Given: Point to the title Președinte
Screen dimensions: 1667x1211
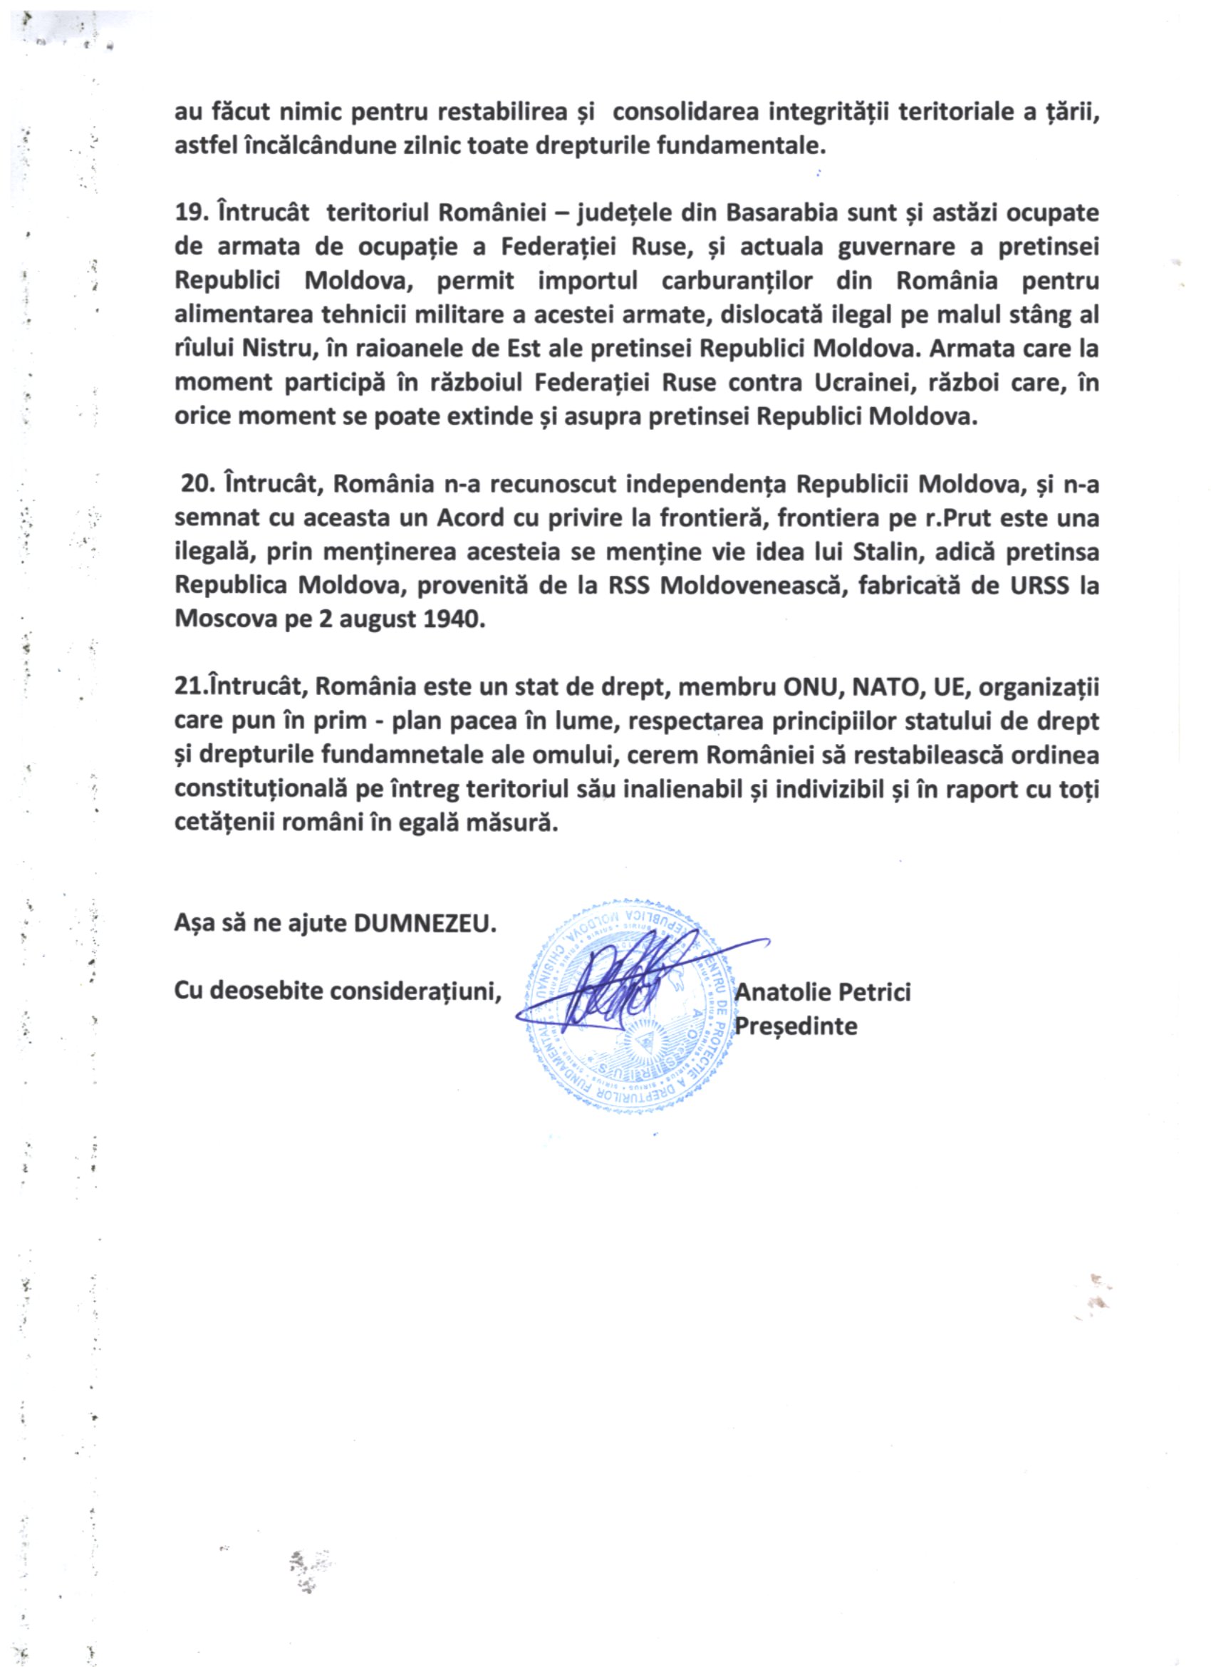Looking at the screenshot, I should [x=796, y=1026].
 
